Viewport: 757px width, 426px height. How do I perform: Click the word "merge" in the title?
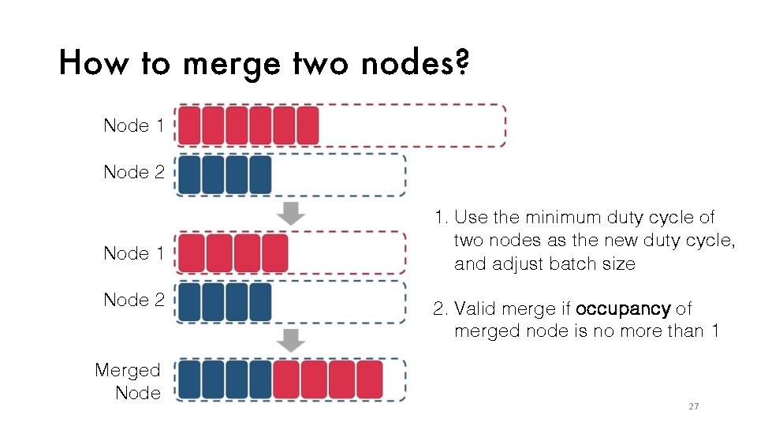click(230, 62)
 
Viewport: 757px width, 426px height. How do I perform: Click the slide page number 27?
click(694, 406)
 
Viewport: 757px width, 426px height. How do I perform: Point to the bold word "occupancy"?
click(623, 308)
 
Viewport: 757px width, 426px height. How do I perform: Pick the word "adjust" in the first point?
click(514, 264)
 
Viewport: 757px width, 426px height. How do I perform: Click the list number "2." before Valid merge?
click(440, 308)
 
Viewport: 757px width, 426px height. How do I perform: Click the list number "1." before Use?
click(440, 217)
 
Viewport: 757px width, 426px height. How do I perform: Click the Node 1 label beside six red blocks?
click(134, 125)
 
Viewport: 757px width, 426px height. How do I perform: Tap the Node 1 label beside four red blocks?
click(134, 253)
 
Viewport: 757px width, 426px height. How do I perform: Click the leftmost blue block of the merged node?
click(189, 379)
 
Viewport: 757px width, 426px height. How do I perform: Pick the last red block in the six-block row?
click(308, 126)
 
